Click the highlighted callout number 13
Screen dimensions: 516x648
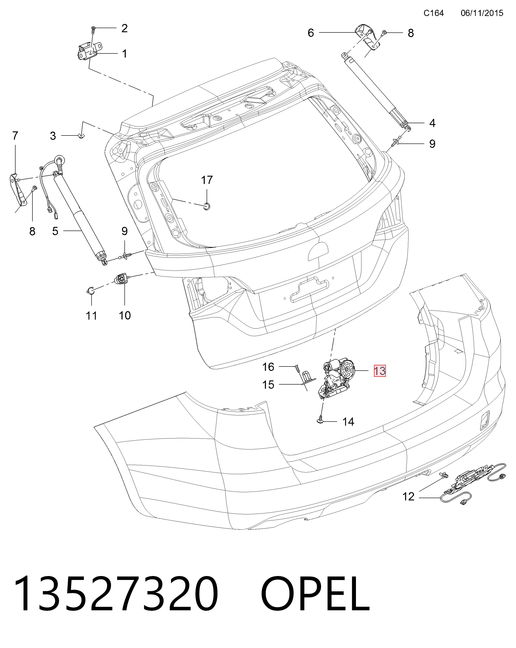click(x=380, y=371)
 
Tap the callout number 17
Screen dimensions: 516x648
click(x=207, y=180)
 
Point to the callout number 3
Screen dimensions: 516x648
click(x=53, y=136)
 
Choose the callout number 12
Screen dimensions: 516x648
click(x=408, y=496)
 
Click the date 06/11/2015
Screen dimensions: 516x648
click(x=482, y=13)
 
